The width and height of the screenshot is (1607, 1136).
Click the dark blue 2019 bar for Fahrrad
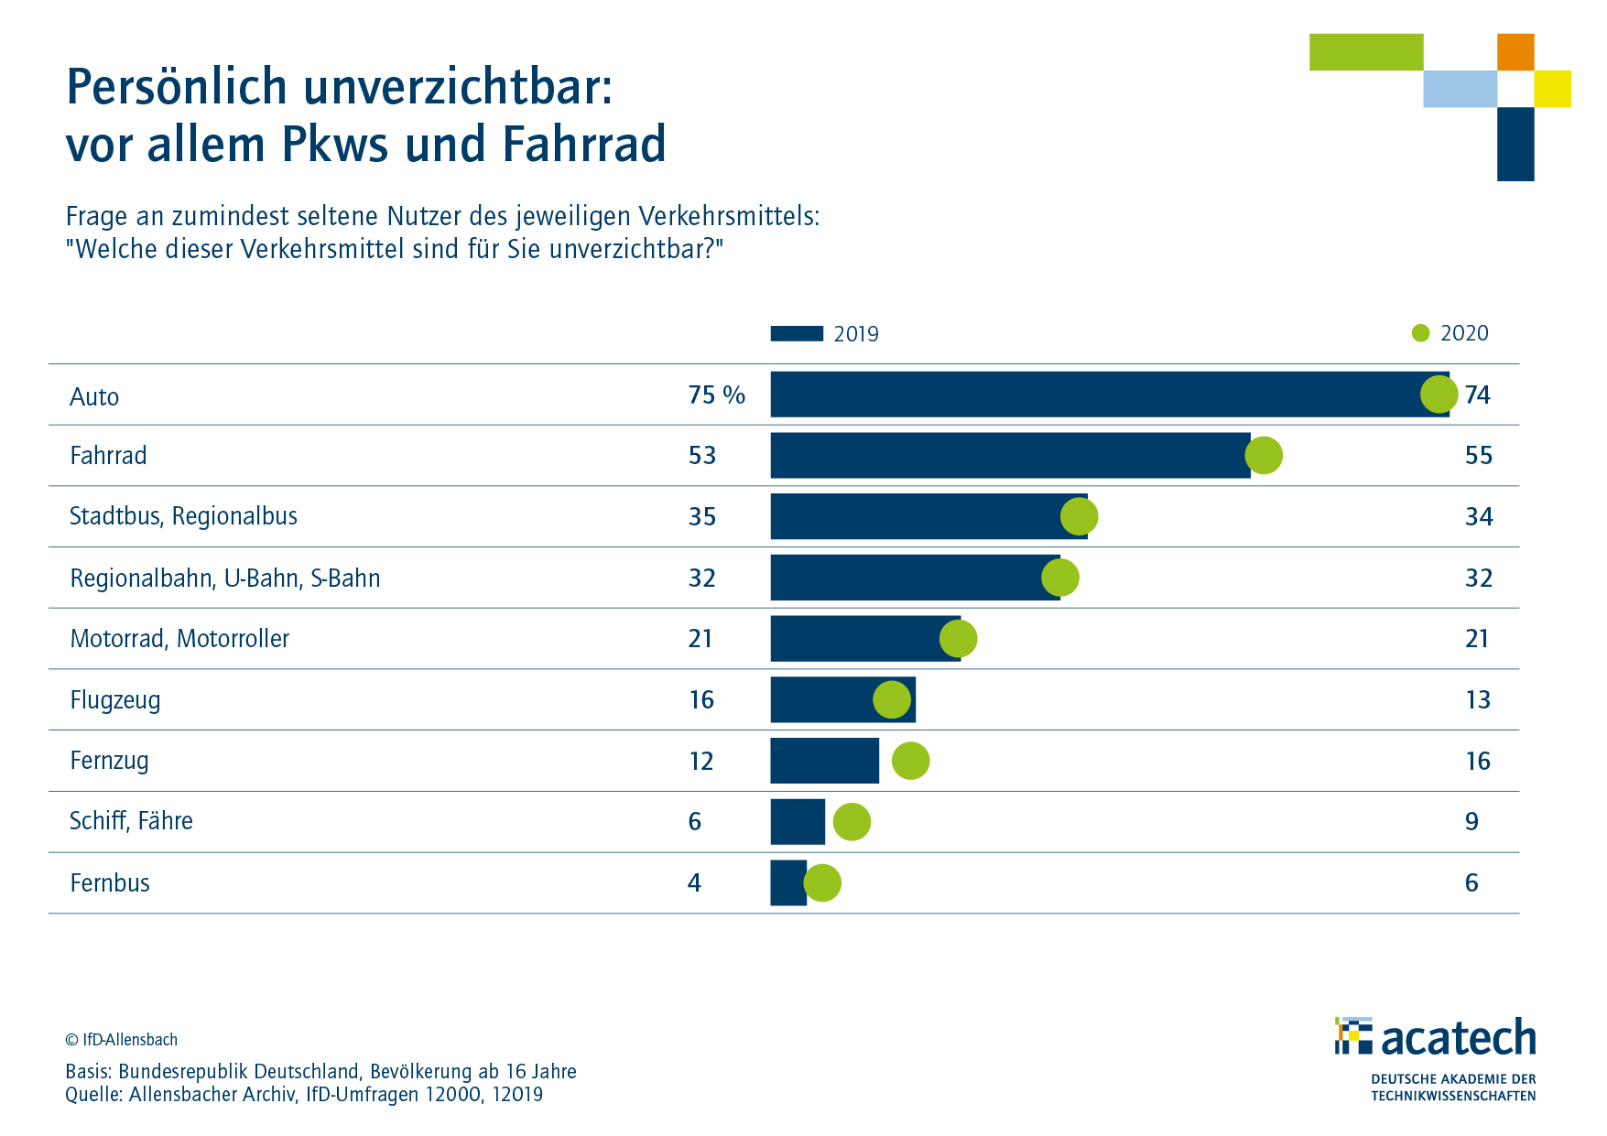click(x=1007, y=455)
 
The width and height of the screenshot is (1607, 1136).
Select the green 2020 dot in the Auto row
click(x=1439, y=395)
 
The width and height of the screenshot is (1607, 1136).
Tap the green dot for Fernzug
click(x=910, y=761)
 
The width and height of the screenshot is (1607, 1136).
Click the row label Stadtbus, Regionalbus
click(x=183, y=516)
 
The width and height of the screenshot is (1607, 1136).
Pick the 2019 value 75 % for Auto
click(x=716, y=395)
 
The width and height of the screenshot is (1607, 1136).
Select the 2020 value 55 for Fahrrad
click(x=1478, y=455)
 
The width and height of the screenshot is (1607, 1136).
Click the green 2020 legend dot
click(x=1420, y=333)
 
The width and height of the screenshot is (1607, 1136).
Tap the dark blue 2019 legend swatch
click(x=797, y=333)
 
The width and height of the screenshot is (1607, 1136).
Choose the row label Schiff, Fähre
click(x=131, y=821)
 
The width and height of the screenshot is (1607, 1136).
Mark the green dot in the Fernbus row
click(x=822, y=882)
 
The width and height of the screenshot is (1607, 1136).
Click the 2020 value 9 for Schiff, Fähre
click(x=1471, y=821)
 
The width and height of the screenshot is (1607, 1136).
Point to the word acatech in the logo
click(x=1458, y=1038)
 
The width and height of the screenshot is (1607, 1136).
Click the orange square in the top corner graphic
click(x=1515, y=52)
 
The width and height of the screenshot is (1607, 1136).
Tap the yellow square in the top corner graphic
click(x=1552, y=89)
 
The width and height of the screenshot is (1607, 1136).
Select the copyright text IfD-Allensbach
click(x=121, y=1040)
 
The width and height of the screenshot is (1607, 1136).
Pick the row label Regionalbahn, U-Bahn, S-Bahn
click(x=224, y=578)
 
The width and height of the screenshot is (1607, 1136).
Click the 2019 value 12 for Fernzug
click(x=700, y=761)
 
